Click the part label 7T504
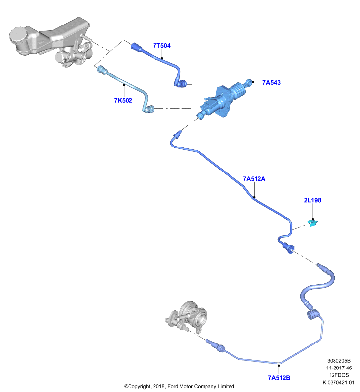162,45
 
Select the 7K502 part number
123,100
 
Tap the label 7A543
271,82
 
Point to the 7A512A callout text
254,179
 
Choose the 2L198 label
312,200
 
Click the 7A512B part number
279,377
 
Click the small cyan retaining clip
313,222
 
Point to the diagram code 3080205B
339,361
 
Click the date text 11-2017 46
339,368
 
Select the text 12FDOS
339,375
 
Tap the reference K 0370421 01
338,382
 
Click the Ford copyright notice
179,386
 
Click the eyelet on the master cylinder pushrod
249,82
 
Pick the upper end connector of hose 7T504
137,47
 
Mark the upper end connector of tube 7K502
103,70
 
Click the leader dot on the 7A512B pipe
279,365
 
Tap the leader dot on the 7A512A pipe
254,197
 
